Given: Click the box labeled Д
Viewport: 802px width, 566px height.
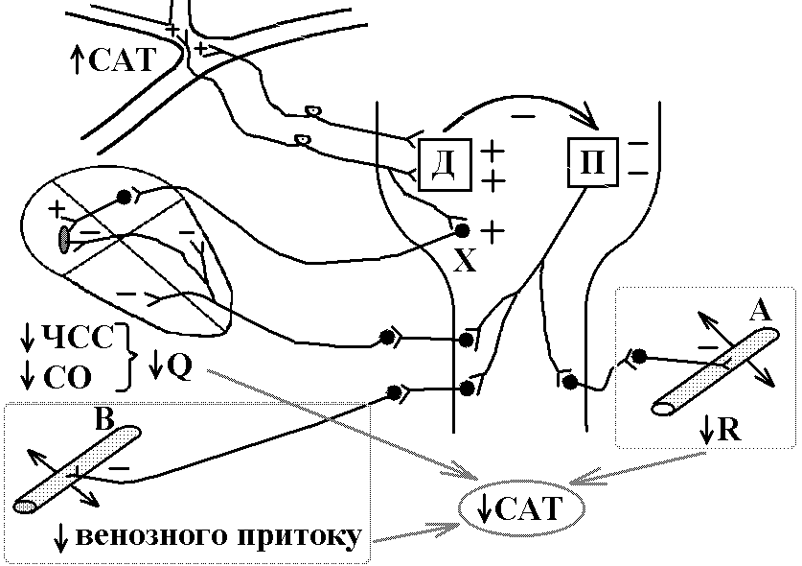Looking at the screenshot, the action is [445, 164].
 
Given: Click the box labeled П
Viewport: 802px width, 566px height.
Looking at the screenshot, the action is [593, 162].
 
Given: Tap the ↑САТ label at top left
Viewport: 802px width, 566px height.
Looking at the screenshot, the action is [112, 59].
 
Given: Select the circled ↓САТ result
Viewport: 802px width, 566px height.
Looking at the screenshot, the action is [520, 508].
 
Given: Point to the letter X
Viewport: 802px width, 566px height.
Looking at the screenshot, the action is [465, 260].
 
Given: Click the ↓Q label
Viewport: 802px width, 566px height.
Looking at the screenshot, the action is [171, 366].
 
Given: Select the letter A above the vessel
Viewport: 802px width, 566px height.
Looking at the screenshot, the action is [761, 311].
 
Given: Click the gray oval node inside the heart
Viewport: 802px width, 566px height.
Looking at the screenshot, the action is [64, 239].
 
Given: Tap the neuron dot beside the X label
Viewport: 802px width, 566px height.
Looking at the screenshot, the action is [463, 231].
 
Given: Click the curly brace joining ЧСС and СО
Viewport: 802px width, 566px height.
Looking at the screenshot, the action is [126, 357].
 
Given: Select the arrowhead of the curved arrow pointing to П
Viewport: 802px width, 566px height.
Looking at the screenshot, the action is [588, 117].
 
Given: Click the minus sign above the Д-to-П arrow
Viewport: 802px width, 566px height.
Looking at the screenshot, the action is [523, 117].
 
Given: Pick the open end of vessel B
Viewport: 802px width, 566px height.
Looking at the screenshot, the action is [25, 507].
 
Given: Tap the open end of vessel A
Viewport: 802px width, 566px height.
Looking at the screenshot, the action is [663, 409].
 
